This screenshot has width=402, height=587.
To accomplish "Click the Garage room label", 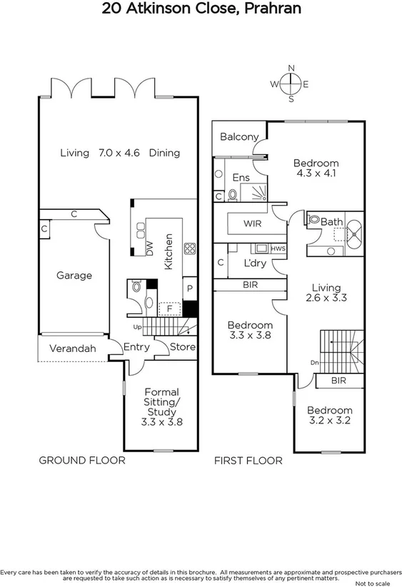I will pyautogui.click(x=74, y=276).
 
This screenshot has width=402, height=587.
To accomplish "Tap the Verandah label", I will pyautogui.click(x=72, y=349).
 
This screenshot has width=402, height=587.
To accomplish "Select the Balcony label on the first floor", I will pyautogui.click(x=238, y=137).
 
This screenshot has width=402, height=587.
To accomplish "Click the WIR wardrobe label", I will pyautogui.click(x=253, y=224).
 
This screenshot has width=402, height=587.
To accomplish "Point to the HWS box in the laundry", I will pyautogui.click(x=277, y=249).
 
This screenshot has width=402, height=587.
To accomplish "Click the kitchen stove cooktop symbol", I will pyautogui.click(x=191, y=249).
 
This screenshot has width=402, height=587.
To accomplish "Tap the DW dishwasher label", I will pyautogui.click(x=149, y=248).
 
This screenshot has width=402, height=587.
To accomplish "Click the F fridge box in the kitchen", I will pyautogui.click(x=169, y=308).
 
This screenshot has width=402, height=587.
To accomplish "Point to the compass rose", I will pyautogui.click(x=291, y=84).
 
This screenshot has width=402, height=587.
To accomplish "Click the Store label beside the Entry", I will pyautogui.click(x=183, y=348).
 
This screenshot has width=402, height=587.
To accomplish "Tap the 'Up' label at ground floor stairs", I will pyautogui.click(x=139, y=327).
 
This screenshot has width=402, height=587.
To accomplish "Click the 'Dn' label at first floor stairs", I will pyautogui.click(x=314, y=363).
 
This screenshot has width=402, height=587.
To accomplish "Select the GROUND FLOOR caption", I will pyautogui.click(x=81, y=461).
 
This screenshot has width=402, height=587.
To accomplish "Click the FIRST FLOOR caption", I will pyautogui.click(x=248, y=461).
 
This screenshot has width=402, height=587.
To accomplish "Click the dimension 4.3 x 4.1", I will pyautogui.click(x=316, y=174).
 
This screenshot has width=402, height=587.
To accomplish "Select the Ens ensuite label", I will pyautogui.click(x=240, y=178).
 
